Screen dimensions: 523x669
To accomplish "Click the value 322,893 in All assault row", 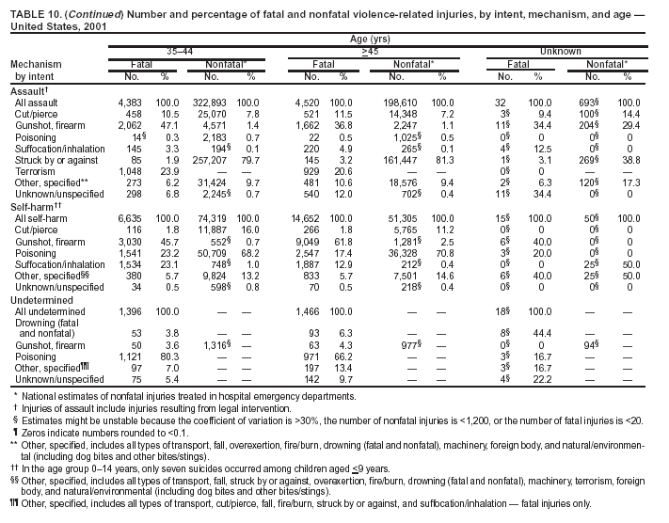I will [x=209, y=102].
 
